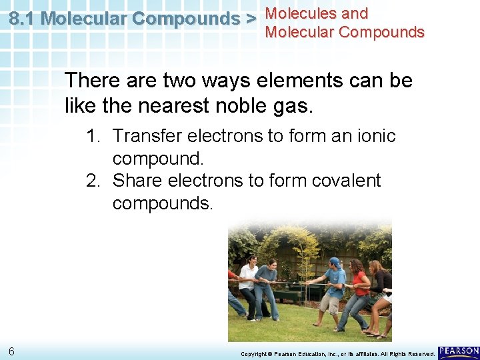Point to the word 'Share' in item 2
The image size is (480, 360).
[x=137, y=181]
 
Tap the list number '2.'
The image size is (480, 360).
[x=95, y=181]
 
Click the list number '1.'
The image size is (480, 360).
[x=95, y=136]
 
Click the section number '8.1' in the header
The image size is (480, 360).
[x=23, y=19]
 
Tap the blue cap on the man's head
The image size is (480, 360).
[x=335, y=262]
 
